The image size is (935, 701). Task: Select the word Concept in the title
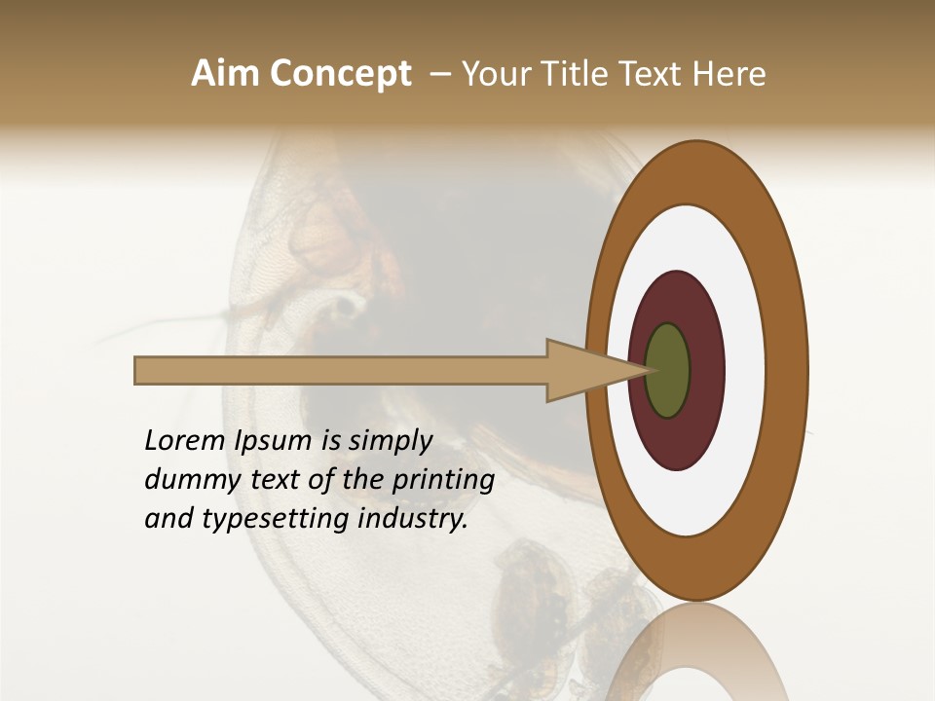click(x=340, y=74)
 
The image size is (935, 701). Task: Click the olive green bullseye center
click(x=668, y=371)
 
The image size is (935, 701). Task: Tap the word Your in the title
click(x=495, y=74)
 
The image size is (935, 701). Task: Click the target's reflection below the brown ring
click(x=696, y=652)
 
